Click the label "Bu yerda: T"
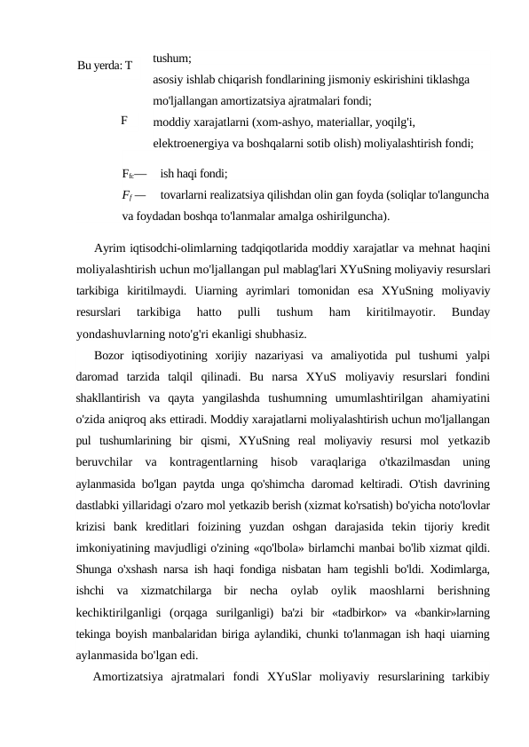pos(105,66)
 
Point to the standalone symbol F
pos(124,118)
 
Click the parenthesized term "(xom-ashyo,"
pos(273,122)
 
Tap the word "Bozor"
pos(110,355)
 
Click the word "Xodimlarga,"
pos(461,570)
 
